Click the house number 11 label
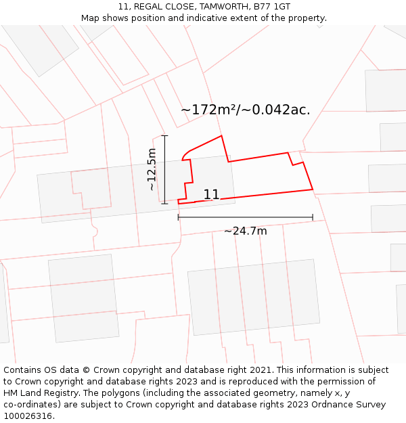click(211, 194)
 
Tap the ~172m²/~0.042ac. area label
click(246, 110)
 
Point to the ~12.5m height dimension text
click(152, 169)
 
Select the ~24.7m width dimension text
click(246, 231)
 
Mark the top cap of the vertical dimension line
click(165, 136)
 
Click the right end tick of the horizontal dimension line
click(313, 217)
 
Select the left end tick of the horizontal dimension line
click(179, 217)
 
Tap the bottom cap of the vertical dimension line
click(165, 203)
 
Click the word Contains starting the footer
click(23, 370)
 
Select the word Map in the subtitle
click(91, 18)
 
